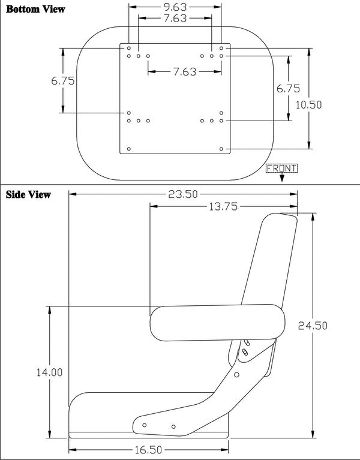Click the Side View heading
click(28, 194)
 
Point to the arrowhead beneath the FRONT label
click(281, 178)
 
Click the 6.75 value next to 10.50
click(288, 88)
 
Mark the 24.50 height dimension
click(313, 326)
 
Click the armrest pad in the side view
click(217, 323)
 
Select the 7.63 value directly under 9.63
click(175, 19)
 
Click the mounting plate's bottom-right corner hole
click(221, 148)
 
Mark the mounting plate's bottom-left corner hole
click(128, 148)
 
